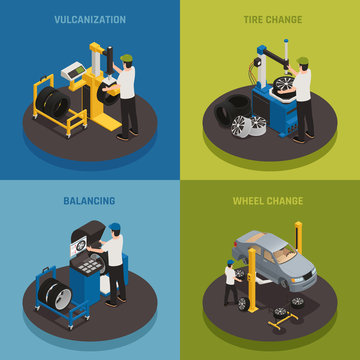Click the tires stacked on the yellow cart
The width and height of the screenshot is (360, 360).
[47, 101]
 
